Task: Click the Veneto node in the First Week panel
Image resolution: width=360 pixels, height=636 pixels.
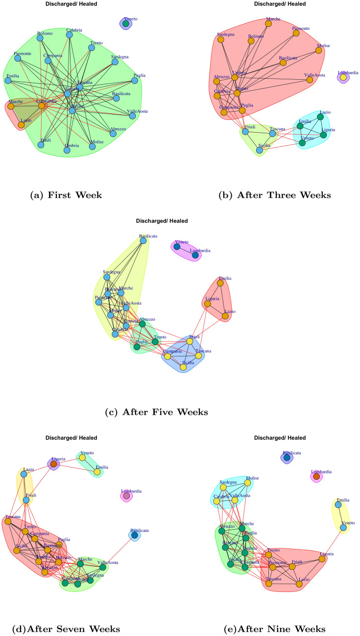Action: [126, 24]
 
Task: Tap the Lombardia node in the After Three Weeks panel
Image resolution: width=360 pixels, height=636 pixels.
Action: [343, 77]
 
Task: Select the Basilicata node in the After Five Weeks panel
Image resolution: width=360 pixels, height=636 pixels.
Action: [144, 240]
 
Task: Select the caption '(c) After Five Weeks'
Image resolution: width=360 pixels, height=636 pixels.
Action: [156, 412]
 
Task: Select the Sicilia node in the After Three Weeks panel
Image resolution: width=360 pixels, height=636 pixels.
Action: [260, 150]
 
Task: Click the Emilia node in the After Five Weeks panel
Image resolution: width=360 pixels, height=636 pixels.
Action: [220, 283]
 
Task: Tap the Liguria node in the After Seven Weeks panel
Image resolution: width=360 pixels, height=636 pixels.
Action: [53, 463]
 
